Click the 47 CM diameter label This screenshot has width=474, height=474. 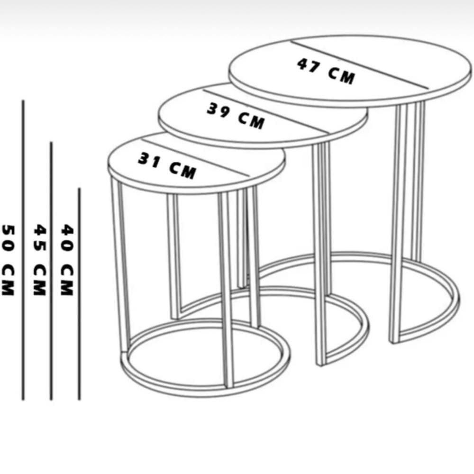pyautogui.click(x=326, y=72)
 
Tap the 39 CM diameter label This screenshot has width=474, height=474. pyautogui.click(x=236, y=116)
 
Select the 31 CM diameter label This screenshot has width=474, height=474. pyautogui.click(x=167, y=166)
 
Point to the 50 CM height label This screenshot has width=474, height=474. pyautogui.click(x=8, y=260)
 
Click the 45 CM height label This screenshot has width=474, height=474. pyautogui.click(x=40, y=260)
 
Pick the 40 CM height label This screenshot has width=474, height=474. pyautogui.click(x=67, y=260)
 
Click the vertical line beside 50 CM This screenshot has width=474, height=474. pyautogui.click(x=23, y=250)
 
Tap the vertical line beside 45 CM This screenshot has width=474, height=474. pyautogui.click(x=51, y=271)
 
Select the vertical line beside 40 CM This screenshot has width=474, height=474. pyautogui.click(x=79, y=294)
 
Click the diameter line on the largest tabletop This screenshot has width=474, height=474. pyautogui.click(x=360, y=64)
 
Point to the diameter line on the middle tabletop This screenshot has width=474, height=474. pyautogui.click(x=265, y=110)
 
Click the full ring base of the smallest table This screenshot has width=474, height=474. pyautogui.click(x=206, y=392)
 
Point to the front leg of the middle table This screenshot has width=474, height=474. pyautogui.click(x=319, y=255)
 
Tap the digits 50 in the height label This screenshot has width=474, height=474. pyautogui.click(x=8, y=238)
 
